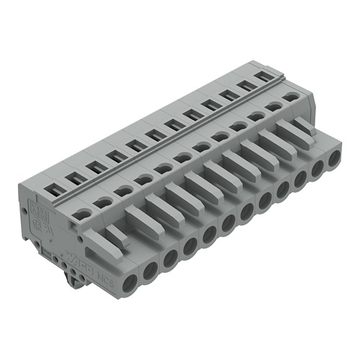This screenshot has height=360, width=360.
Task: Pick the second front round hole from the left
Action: (150, 271)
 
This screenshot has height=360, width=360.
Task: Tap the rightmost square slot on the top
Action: (265, 76)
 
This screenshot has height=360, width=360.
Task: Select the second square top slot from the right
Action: (246, 85)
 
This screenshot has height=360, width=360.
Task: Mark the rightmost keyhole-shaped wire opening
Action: (291, 95)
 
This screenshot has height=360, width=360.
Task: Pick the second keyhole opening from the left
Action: (104, 202)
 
